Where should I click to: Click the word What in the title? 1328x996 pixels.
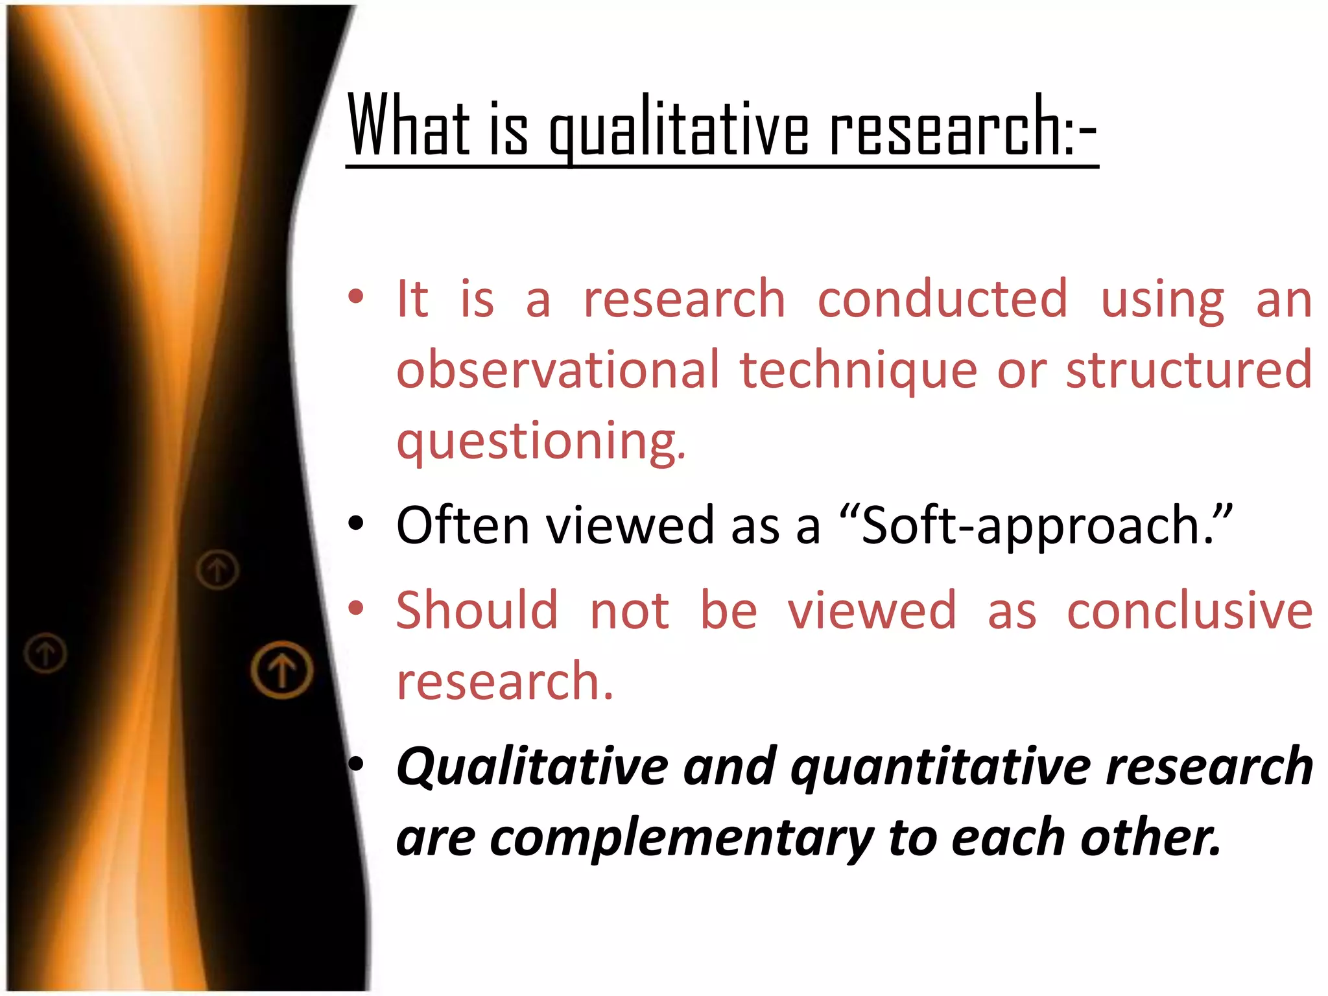point(409,126)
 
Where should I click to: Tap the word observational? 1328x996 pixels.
point(558,370)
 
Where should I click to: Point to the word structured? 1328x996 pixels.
point(1189,370)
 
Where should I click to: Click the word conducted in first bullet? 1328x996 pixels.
point(942,299)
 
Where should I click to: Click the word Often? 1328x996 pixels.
point(463,525)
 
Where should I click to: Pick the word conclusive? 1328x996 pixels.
point(1189,611)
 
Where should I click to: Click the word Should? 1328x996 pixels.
point(477,611)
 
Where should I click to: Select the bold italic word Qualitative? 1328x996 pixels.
point(532,767)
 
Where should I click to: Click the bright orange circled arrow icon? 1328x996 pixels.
point(282,670)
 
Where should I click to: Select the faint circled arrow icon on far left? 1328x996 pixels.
point(45,652)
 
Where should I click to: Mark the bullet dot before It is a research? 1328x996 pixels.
point(355,297)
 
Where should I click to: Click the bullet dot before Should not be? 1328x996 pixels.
point(355,608)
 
